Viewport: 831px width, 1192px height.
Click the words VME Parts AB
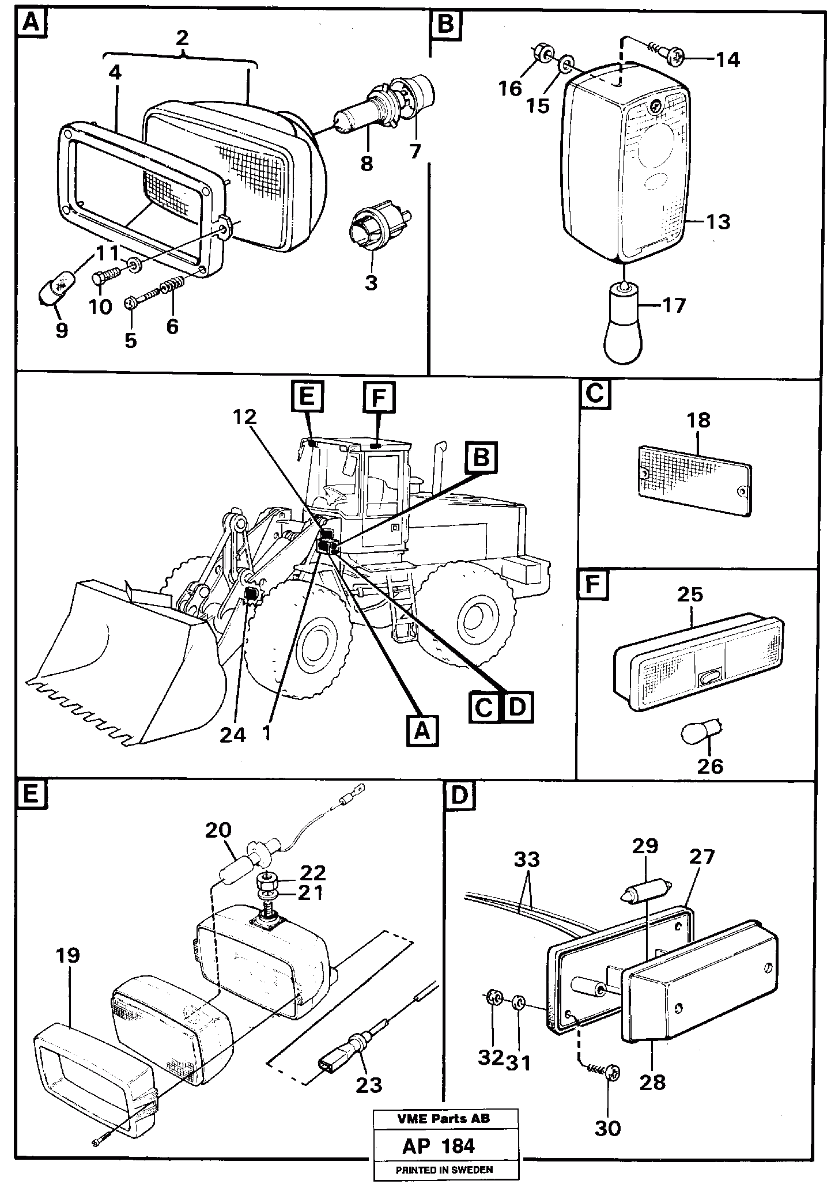point(443,1119)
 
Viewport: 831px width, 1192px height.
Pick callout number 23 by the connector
point(369,1084)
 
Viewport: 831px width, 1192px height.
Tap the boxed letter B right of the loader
point(482,457)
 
